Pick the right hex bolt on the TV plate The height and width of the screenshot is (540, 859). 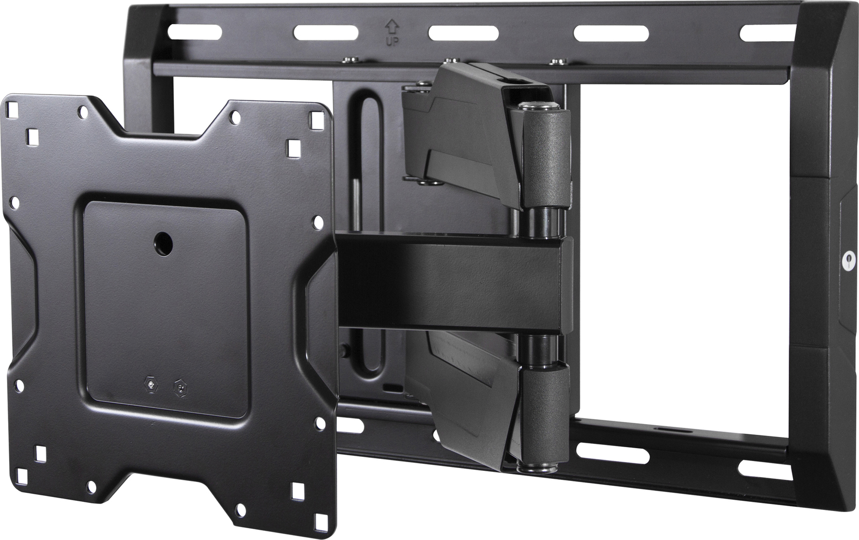pos(178,385)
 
